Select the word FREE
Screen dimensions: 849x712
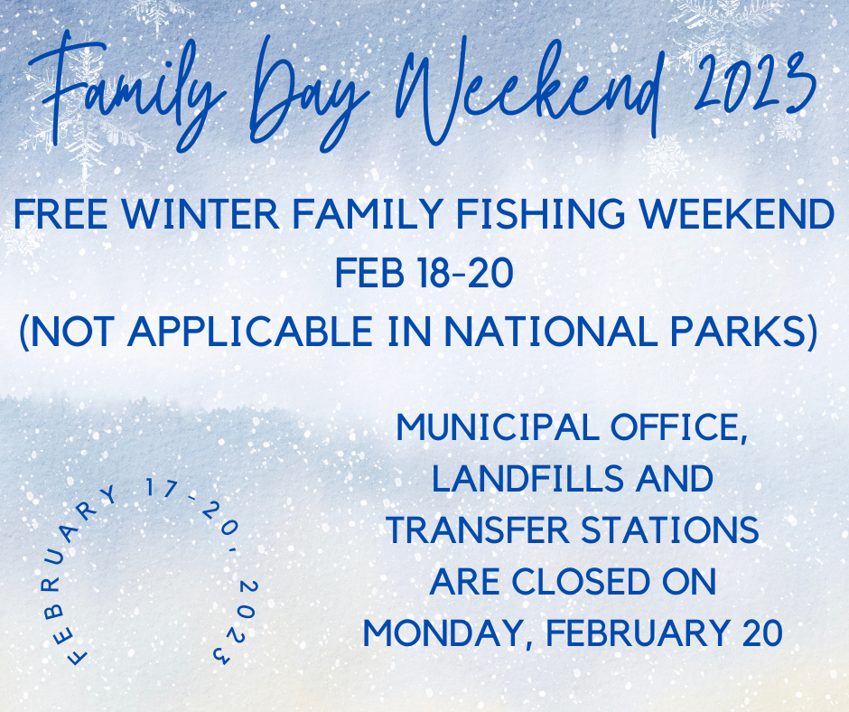[x=61, y=214]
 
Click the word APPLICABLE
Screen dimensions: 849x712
[x=249, y=331]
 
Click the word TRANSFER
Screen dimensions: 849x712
[x=478, y=530]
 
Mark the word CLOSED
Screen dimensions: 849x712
[x=580, y=582]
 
